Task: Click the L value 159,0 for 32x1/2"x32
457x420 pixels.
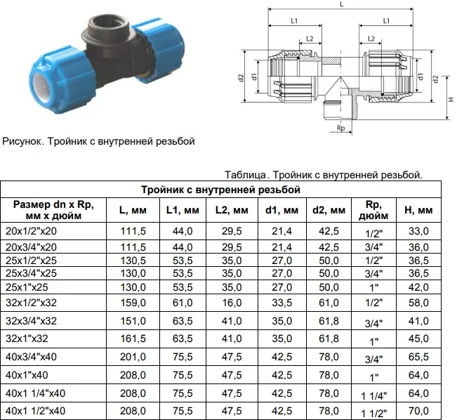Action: tap(133, 303)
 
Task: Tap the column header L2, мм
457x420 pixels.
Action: tap(232, 210)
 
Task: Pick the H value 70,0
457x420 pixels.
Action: tap(418, 411)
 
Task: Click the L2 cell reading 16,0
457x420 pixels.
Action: tap(232, 303)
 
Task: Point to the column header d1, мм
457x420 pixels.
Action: tap(282, 210)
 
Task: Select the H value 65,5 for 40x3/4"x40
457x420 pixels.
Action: tap(418, 357)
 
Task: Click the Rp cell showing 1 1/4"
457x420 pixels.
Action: tap(373, 396)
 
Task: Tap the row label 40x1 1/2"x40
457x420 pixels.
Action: tap(35, 411)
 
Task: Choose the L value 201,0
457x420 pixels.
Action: tap(133, 357)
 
